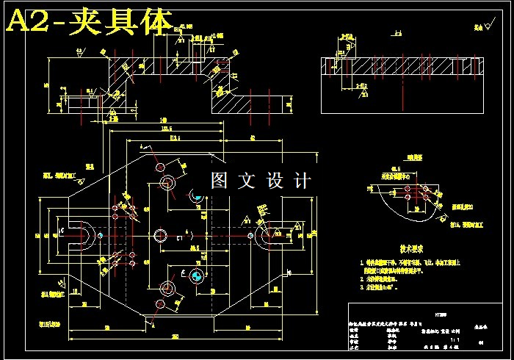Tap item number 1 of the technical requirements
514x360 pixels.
[x=361, y=262]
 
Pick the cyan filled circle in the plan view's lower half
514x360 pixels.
[x=196, y=276]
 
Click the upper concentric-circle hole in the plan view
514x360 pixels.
[x=167, y=181]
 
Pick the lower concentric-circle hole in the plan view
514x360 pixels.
[x=167, y=287]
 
